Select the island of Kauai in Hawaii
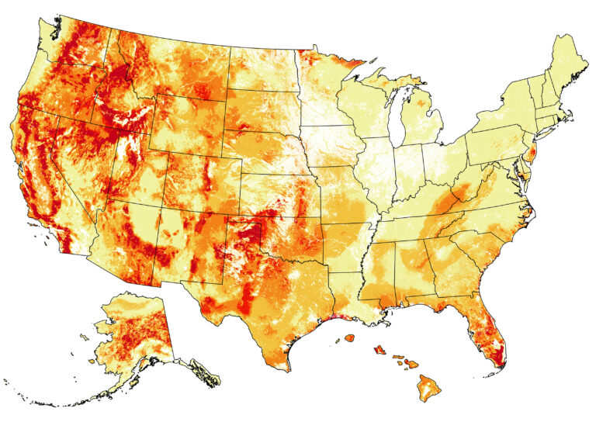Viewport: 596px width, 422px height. (x=349, y=337)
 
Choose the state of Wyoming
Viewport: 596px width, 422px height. (x=190, y=124)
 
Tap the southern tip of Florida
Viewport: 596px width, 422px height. (x=501, y=361)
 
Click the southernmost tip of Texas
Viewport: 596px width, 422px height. (x=289, y=371)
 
